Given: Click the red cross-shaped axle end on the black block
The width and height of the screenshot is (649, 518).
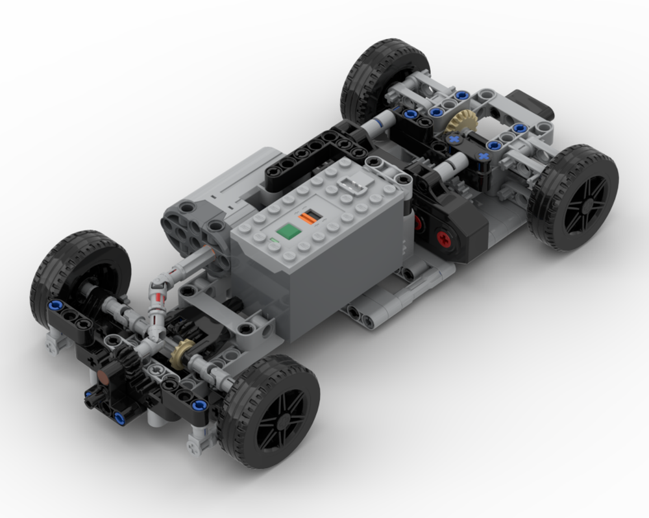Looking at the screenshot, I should pyautogui.click(x=443, y=238).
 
